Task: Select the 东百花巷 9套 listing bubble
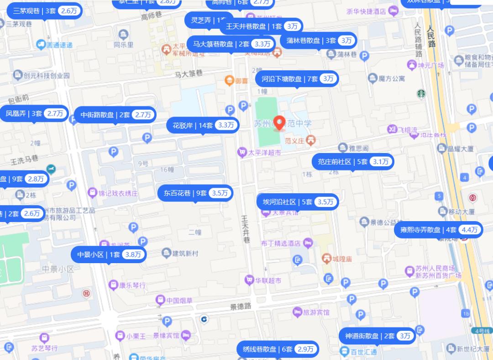pyautogui.click(x=195, y=193)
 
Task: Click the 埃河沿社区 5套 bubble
pyautogui.click(x=297, y=202)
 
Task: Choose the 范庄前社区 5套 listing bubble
pyautogui.click(x=353, y=162)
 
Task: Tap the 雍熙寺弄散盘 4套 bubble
pyautogui.click(x=438, y=230)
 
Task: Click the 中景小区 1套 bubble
pyautogui.click(x=109, y=255)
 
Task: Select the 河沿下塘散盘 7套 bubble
pyautogui.click(x=297, y=79)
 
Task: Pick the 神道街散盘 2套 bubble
pyautogui.click(x=377, y=336)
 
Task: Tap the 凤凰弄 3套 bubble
pyautogui.click(x=34, y=114)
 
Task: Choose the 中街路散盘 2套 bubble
pyautogui.click(x=116, y=115)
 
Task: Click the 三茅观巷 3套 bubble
pyautogui.click(x=44, y=11)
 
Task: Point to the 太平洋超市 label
pyautogui.click(x=263, y=153)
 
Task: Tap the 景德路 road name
pyautogui.click(x=241, y=306)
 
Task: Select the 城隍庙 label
pyautogui.click(x=342, y=259)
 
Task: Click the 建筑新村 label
pyautogui.click(x=185, y=254)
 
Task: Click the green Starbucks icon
pyautogui.click(x=420, y=94)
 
